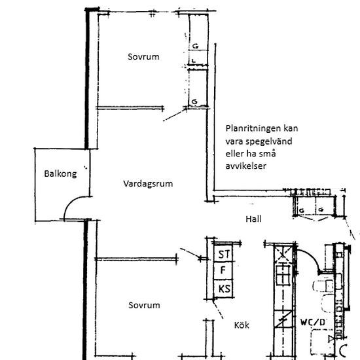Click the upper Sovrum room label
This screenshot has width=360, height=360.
point(143,57)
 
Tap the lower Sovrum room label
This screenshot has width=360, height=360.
point(144,306)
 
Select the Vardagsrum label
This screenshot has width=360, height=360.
point(148,184)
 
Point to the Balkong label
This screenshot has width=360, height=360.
point(60,174)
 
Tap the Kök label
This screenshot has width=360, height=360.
point(242,325)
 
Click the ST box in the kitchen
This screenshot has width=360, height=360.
point(225,253)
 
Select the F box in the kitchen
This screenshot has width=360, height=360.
point(224,270)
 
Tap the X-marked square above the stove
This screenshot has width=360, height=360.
point(283,253)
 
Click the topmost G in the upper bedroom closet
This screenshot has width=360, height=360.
point(195,46)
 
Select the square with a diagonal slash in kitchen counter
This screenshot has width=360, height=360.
point(283,321)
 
